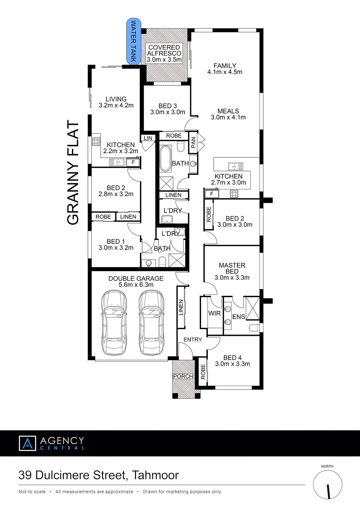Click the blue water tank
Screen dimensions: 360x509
click(x=134, y=41)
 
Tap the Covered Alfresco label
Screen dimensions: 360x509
click(x=164, y=53)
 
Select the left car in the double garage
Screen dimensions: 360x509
click(x=114, y=322)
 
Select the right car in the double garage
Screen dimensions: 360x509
click(x=151, y=322)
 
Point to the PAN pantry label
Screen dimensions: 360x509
click(x=193, y=143)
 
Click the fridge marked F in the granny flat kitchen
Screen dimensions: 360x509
click(x=133, y=162)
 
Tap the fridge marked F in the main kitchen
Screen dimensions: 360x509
click(x=212, y=194)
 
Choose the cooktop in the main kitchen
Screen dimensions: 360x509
click(x=234, y=194)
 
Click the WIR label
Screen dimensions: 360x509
click(x=214, y=313)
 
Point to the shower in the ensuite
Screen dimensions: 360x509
click(x=253, y=308)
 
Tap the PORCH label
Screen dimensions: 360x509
click(x=183, y=376)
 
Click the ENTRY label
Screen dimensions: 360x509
click(x=193, y=339)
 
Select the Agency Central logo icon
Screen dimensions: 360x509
click(x=27, y=443)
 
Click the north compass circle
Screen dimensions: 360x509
click(x=327, y=485)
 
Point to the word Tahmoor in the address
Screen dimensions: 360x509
click(x=155, y=475)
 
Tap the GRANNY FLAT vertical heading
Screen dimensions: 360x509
click(x=73, y=173)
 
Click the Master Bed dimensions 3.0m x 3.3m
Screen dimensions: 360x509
click(x=232, y=278)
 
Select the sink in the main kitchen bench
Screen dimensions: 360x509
click(x=236, y=167)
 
